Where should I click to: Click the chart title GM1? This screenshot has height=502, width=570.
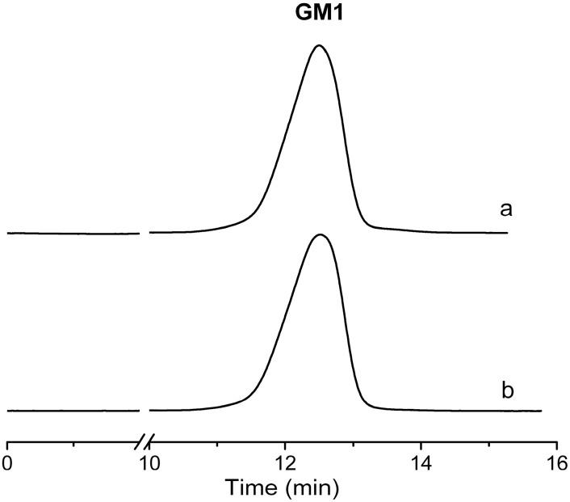pyautogui.click(x=320, y=15)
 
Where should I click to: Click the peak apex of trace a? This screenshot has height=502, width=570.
pyautogui.click(x=319, y=46)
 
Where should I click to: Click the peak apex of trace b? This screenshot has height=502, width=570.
pyautogui.click(x=321, y=235)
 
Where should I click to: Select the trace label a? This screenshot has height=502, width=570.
pyautogui.click(x=506, y=209)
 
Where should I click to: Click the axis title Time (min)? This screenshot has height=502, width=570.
pyautogui.click(x=282, y=487)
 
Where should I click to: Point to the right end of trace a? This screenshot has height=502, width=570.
pyautogui.click(x=507, y=233)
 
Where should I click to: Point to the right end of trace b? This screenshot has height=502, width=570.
pyautogui.click(x=541, y=411)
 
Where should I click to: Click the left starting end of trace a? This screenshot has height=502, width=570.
pyautogui.click(x=7, y=233)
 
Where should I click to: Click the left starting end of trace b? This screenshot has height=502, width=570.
pyautogui.click(x=7, y=411)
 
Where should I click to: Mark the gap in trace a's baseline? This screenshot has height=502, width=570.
pyautogui.click(x=145, y=233)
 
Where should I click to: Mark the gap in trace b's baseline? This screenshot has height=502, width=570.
pyautogui.click(x=145, y=411)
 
